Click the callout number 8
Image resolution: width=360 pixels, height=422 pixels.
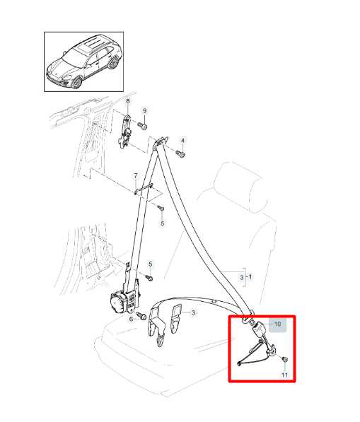coord(127,102)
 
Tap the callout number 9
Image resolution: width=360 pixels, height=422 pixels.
coord(144,110)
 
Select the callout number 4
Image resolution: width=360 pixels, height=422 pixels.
coord(182,141)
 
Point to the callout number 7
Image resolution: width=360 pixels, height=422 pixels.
coord(136,176)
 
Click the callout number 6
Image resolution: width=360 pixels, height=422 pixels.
coord(131,320)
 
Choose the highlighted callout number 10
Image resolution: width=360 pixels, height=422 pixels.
coord(278,324)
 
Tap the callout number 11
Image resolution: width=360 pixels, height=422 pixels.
coord(284,375)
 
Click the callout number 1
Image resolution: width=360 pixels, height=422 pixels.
coord(250,276)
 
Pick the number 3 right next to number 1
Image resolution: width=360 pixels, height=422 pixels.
coord(241,277)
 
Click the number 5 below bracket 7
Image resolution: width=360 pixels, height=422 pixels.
coord(163,223)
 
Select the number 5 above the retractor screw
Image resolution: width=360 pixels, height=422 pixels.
coord(150,264)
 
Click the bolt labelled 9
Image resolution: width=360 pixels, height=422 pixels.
coord(142,125)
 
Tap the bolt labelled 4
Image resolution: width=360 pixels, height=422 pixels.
coord(180,154)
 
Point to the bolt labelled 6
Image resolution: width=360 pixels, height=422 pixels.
coord(141,316)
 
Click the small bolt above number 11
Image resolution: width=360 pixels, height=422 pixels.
coord(284,359)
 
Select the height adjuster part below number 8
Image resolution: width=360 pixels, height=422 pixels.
coord(125,132)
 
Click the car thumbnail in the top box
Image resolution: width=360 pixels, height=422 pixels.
coord(83,61)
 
